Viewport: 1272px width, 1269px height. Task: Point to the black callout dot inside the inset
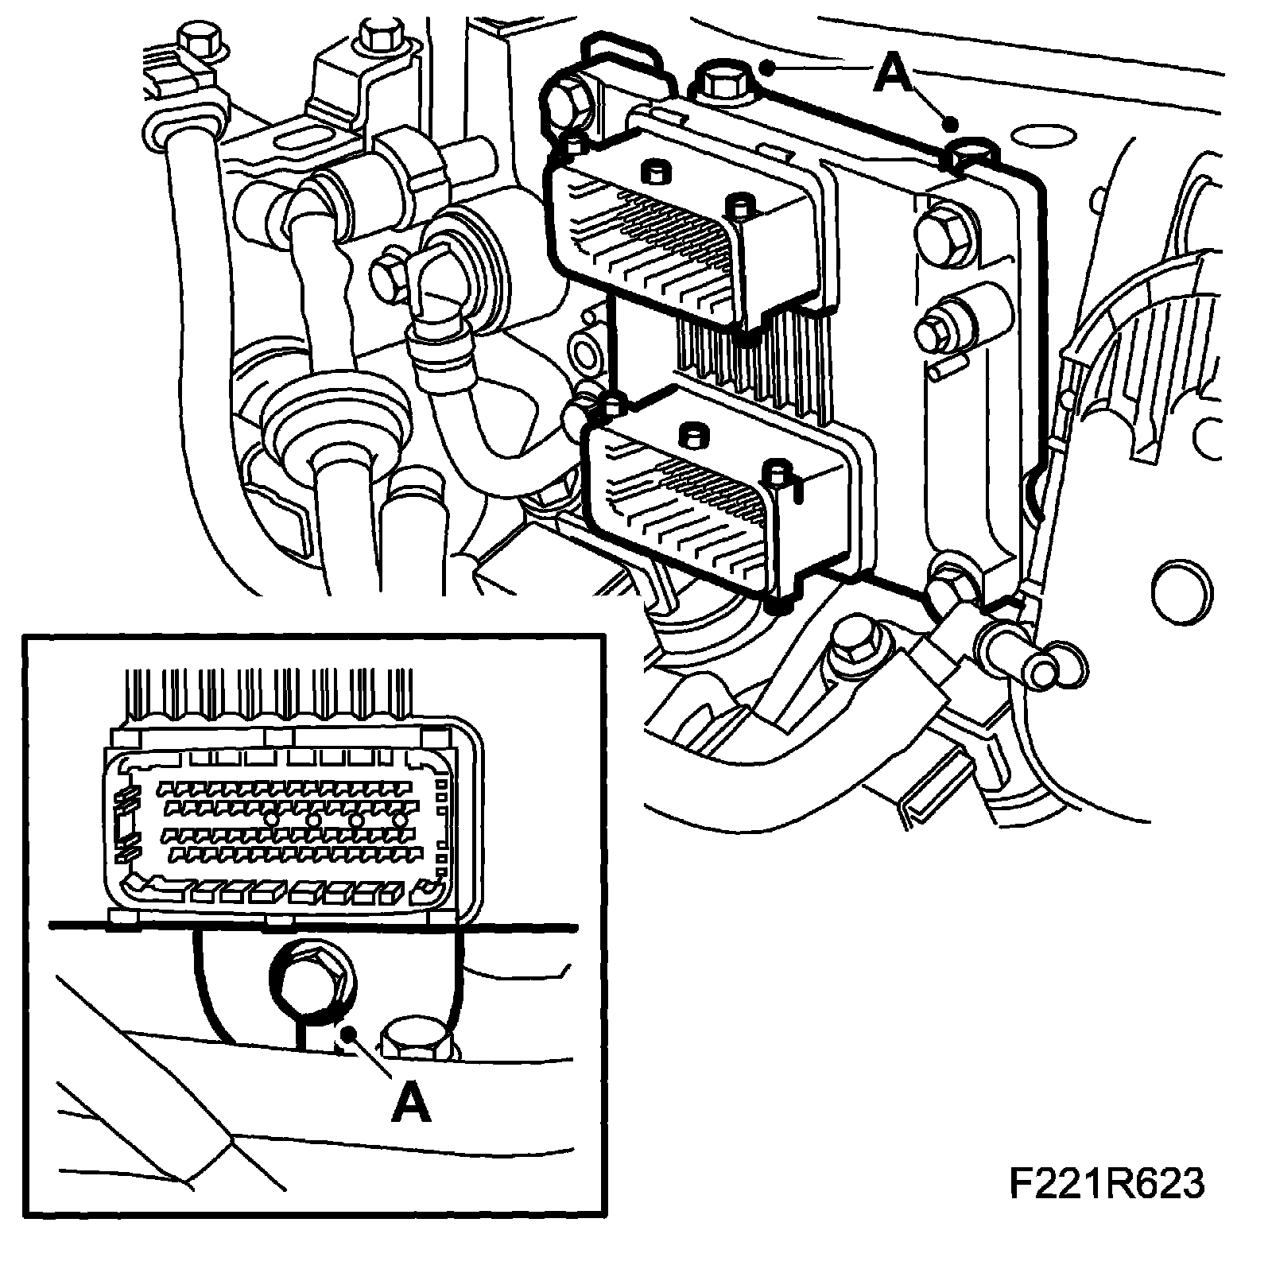346,1032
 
